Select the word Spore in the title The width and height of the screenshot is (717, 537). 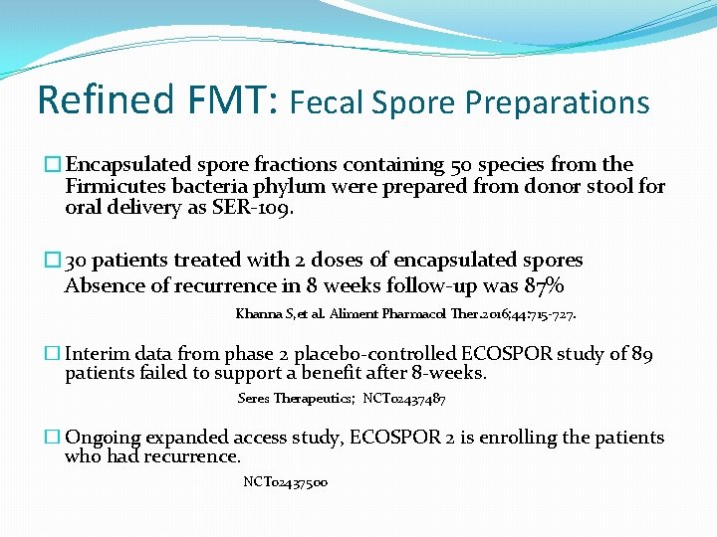[x=410, y=102]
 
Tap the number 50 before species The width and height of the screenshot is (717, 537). [x=462, y=165]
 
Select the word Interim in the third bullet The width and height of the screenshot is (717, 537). [x=101, y=355]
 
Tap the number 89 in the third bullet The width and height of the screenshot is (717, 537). [x=642, y=355]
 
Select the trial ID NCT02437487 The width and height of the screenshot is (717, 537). [x=404, y=399]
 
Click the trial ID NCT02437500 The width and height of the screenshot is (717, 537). [x=286, y=482]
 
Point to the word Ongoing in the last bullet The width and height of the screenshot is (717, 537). [x=105, y=438]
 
